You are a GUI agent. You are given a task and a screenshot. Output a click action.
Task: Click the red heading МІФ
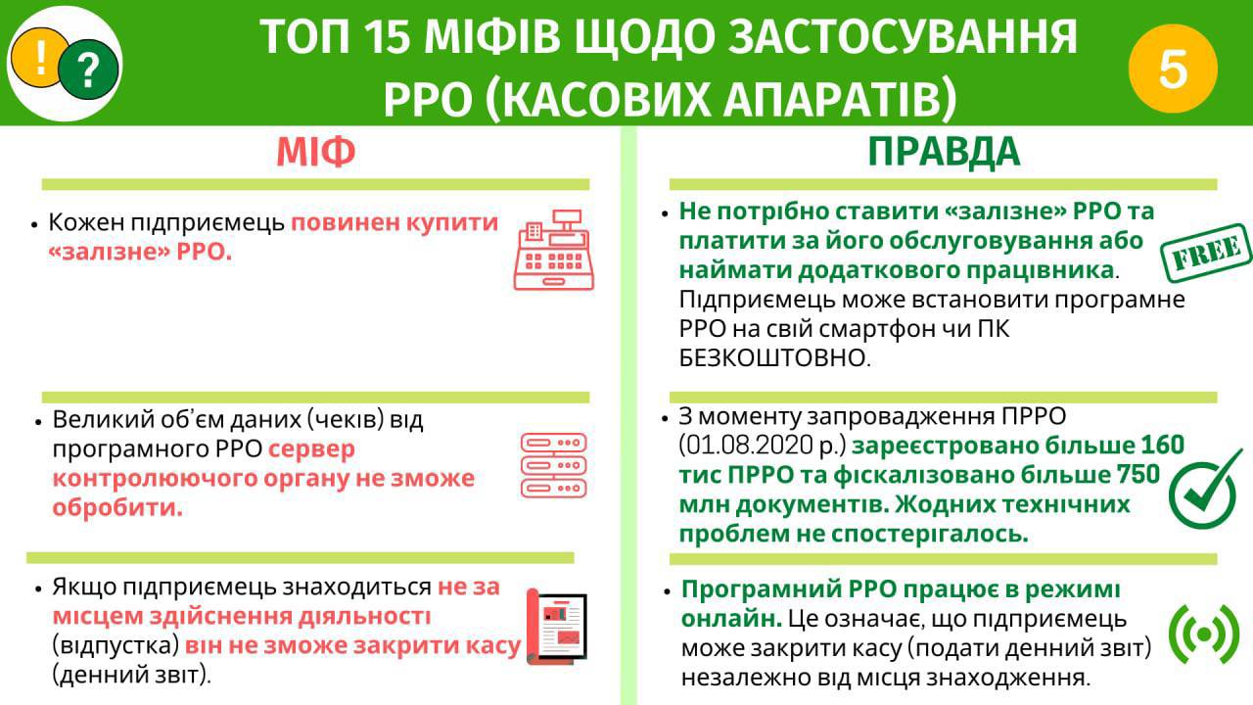tap(316, 152)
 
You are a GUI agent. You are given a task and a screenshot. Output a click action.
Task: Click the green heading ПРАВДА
tap(944, 152)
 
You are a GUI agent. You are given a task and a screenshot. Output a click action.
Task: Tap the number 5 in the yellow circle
tap(1173, 69)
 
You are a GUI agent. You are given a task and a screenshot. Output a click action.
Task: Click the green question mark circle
tap(89, 70)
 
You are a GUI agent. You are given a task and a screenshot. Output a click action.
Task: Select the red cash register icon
tap(554, 250)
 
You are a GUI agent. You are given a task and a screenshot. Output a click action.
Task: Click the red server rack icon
tap(554, 465)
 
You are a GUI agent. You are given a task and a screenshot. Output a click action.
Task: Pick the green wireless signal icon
tap(1204, 634)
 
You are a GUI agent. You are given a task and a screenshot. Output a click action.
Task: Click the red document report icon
tap(557, 627)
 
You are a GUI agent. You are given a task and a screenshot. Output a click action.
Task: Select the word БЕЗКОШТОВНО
tap(774, 358)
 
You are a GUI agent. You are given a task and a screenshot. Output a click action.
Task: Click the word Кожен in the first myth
tap(86, 222)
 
